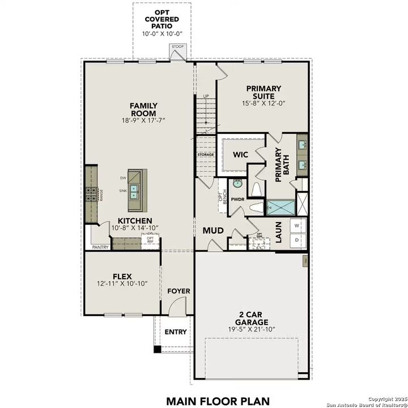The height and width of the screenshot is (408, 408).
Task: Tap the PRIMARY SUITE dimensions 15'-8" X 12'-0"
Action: (263, 104)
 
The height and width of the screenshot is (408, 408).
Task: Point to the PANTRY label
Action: (100, 247)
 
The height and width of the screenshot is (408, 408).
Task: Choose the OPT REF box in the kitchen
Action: (150, 240)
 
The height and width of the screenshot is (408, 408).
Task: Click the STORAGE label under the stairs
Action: (206, 155)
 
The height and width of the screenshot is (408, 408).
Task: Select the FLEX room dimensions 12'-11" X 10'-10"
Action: (122, 283)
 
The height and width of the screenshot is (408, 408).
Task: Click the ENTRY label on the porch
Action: (176, 331)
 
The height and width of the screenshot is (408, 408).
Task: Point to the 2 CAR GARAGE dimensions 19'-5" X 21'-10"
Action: (252, 329)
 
